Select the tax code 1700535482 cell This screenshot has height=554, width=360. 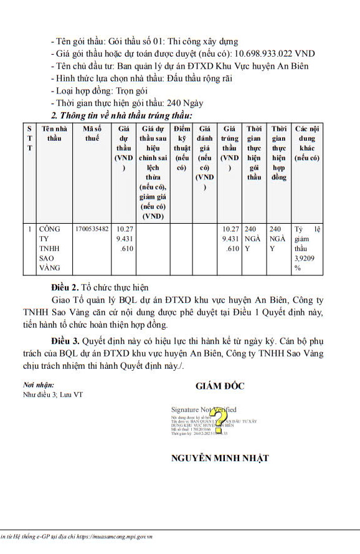[92, 229]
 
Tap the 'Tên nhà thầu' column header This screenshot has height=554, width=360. [55, 133]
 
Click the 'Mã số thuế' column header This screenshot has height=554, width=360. [92, 133]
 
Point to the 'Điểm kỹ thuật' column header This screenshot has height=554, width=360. [182, 148]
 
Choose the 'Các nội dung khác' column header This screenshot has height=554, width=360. [308, 143]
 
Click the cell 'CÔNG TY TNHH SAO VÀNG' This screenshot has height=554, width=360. [50, 248]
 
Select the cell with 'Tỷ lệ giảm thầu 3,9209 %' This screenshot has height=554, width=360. [308, 248]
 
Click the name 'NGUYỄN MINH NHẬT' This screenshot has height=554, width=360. [220, 458]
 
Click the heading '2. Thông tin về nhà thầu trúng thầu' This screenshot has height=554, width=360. [121, 115]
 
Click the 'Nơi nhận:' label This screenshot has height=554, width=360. [39, 385]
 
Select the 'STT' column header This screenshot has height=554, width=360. [29, 138]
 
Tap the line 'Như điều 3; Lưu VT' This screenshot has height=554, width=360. [53, 394]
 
